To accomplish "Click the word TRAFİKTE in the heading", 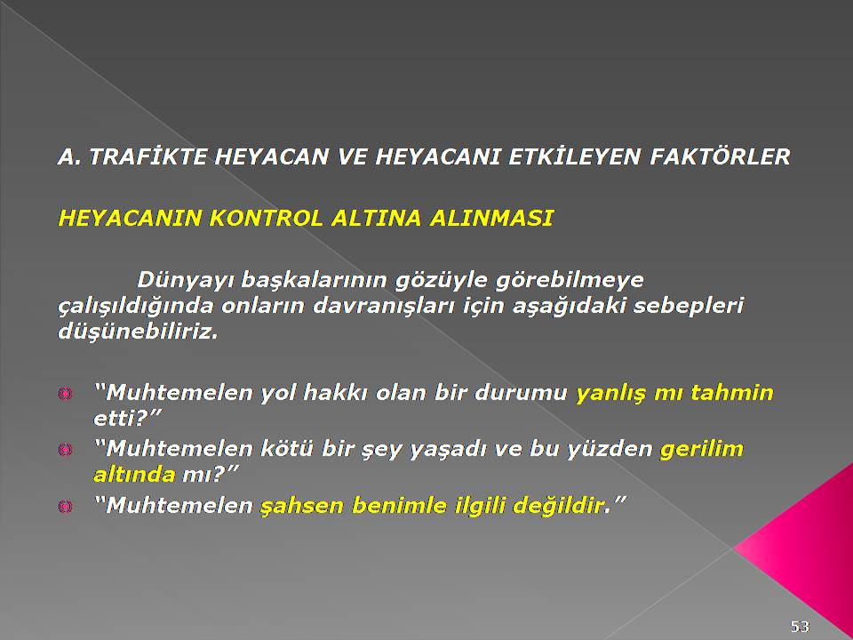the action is pyautogui.click(x=148, y=156).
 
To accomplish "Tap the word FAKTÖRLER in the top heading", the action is pyautogui.click(x=720, y=156).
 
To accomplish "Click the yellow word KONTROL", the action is pyautogui.click(x=267, y=219).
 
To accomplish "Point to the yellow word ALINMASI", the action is pyautogui.click(x=491, y=219).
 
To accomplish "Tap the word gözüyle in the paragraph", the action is pyautogui.click(x=439, y=281).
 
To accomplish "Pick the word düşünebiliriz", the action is pyautogui.click(x=138, y=332).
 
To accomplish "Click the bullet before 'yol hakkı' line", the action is pyautogui.click(x=65, y=394).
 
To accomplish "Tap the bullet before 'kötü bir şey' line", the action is pyautogui.click(x=65, y=450).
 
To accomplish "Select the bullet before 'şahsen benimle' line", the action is pyautogui.click(x=65, y=507).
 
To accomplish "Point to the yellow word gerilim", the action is pyautogui.click(x=701, y=450).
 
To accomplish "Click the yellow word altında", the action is pyautogui.click(x=134, y=475).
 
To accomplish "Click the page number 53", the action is pyautogui.click(x=800, y=627).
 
